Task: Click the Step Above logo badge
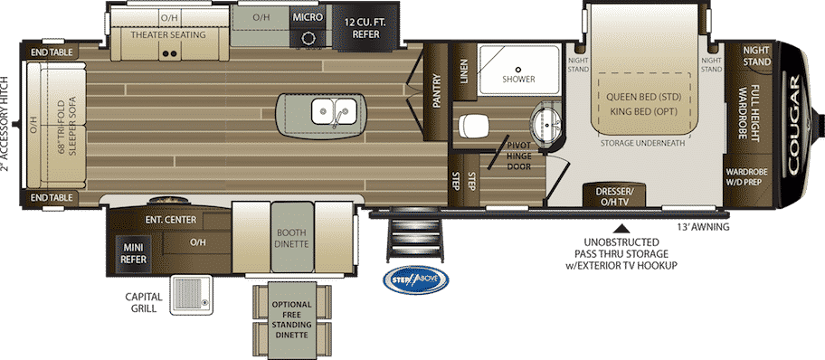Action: pos(415,279)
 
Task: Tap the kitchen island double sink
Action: pos(334,110)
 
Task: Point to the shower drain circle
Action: pos(518,69)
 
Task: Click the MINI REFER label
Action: pos(135,252)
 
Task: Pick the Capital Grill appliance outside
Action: pos(191,296)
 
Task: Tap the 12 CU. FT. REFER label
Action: pos(362,28)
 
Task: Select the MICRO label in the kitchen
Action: pos(308,17)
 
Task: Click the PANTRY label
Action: pos(436,91)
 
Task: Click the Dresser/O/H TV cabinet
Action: pos(615,195)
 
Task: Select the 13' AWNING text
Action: pos(704,227)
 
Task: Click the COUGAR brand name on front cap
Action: pos(793,124)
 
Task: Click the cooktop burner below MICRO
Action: pos(308,37)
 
